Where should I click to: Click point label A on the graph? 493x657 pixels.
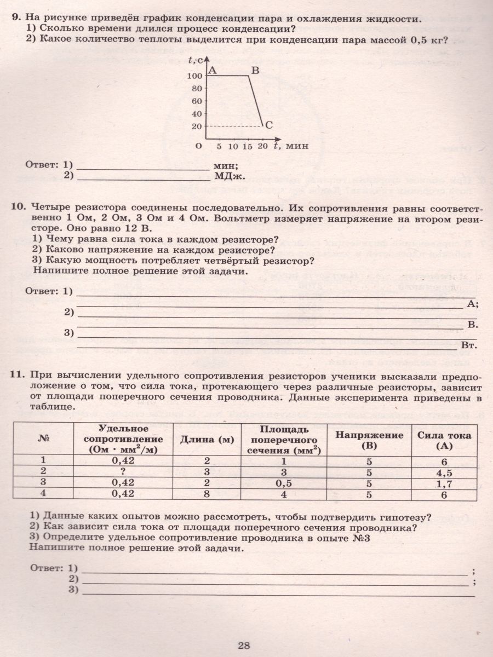[x=213, y=70]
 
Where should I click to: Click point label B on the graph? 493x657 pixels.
[x=255, y=70]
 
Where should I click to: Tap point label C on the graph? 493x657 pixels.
[x=269, y=125]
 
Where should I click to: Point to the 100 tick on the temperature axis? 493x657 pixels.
[x=194, y=76]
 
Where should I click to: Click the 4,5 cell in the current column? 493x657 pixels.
[x=444, y=472]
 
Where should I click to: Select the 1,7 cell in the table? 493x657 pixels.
[x=444, y=483]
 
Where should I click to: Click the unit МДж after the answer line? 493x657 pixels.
[x=229, y=176]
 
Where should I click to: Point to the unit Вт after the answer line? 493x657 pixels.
[x=468, y=346]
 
